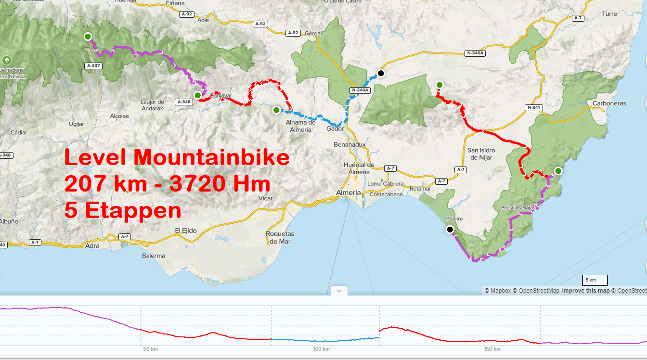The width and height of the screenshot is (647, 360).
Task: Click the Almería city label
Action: (x=348, y=193)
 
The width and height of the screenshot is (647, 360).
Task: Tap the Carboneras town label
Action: (x=609, y=103)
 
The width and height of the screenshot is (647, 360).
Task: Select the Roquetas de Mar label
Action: (x=280, y=238)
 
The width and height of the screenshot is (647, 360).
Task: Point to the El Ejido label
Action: (x=186, y=231)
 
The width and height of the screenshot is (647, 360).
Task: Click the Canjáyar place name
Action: (x=221, y=95)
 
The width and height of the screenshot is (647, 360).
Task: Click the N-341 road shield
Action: (x=534, y=107)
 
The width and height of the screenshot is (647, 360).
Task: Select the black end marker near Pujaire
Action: (x=450, y=230)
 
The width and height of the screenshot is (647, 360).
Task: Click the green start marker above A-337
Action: (x=88, y=36)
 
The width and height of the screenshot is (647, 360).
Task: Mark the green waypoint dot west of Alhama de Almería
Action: (x=276, y=110)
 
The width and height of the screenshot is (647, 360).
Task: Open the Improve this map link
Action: (x=585, y=291)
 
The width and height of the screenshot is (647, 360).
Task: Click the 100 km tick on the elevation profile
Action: (x=321, y=349)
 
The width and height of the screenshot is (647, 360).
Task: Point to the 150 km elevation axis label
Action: (x=492, y=349)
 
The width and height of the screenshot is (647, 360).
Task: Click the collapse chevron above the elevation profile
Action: (x=339, y=291)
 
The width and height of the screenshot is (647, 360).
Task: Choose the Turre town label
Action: (x=609, y=14)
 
